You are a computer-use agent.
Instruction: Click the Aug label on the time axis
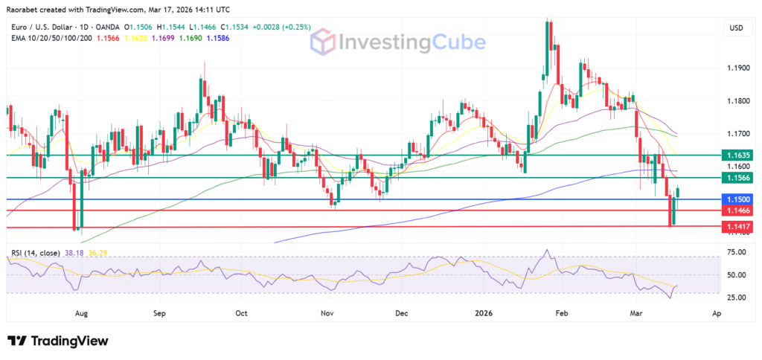(x=82, y=314)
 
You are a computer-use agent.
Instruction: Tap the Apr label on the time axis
(x=716, y=314)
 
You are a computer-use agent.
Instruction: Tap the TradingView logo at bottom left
(x=58, y=341)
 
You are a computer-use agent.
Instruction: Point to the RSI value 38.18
(x=73, y=252)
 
